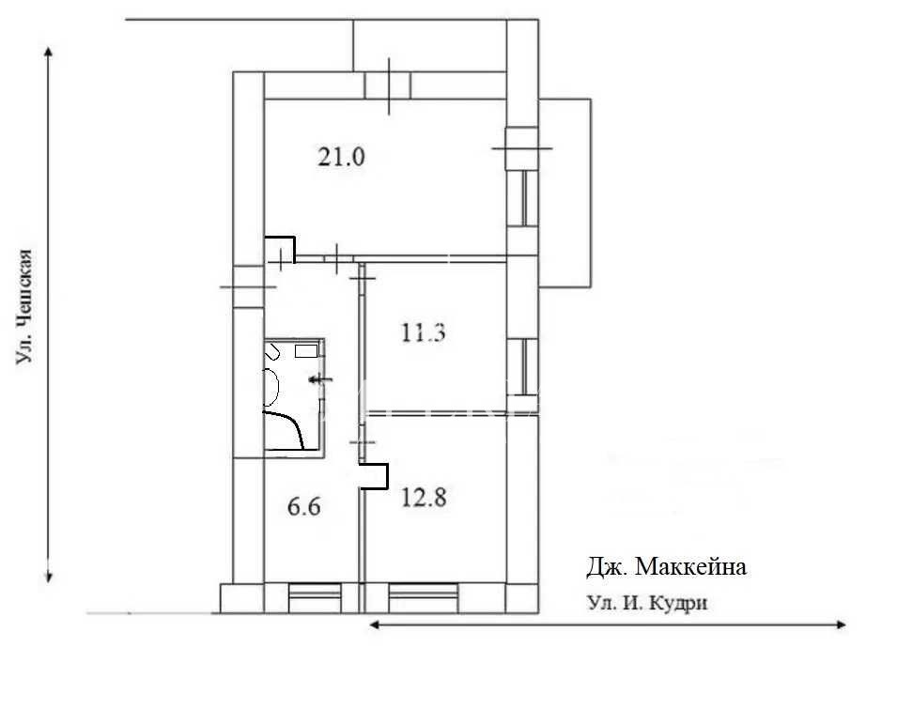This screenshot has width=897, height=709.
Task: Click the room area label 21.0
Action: tap(341, 157)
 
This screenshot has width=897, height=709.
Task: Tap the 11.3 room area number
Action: tap(423, 332)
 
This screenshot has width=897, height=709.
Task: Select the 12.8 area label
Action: tap(424, 497)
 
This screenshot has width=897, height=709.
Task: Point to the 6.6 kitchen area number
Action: tap(303, 506)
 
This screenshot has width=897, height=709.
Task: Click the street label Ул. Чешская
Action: tap(24, 306)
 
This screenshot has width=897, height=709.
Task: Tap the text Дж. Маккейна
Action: tap(667, 567)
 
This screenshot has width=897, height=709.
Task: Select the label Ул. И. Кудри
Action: tap(647, 603)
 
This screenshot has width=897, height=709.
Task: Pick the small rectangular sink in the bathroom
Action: tap(306, 351)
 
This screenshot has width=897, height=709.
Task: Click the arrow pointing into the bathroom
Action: tap(320, 379)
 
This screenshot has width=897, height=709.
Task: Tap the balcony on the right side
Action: tap(565, 193)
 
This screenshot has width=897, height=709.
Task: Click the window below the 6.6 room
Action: tap(315, 598)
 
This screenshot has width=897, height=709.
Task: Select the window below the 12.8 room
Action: tap(424, 598)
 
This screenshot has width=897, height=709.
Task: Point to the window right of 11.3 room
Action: tap(523, 367)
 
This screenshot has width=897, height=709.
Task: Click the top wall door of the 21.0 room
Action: tap(389, 85)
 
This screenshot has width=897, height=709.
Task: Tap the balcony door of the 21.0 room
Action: tap(521, 148)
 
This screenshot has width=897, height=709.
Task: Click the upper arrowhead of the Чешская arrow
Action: tap(49, 53)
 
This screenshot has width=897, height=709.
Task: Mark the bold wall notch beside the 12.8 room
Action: tap(376, 476)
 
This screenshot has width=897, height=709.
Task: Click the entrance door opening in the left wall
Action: tap(248, 286)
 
